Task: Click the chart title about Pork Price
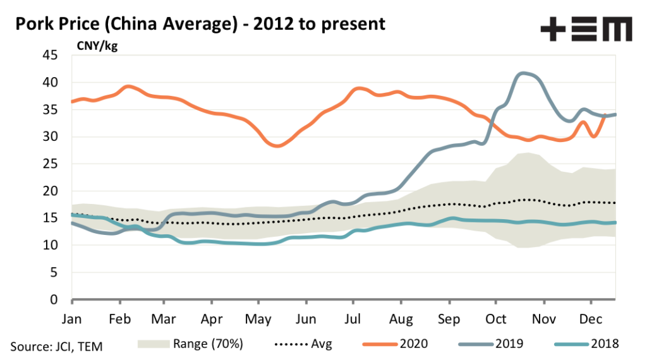pyautogui.click(x=200, y=24)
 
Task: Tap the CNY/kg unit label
pyautogui.click(x=97, y=45)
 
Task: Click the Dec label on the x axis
pyautogui.click(x=591, y=318)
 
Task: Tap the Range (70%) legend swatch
pyautogui.click(x=154, y=344)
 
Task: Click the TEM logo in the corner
pyautogui.click(x=586, y=30)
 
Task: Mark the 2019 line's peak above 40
pyautogui.click(x=522, y=73)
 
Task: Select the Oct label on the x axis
pyautogui.click(x=495, y=318)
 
